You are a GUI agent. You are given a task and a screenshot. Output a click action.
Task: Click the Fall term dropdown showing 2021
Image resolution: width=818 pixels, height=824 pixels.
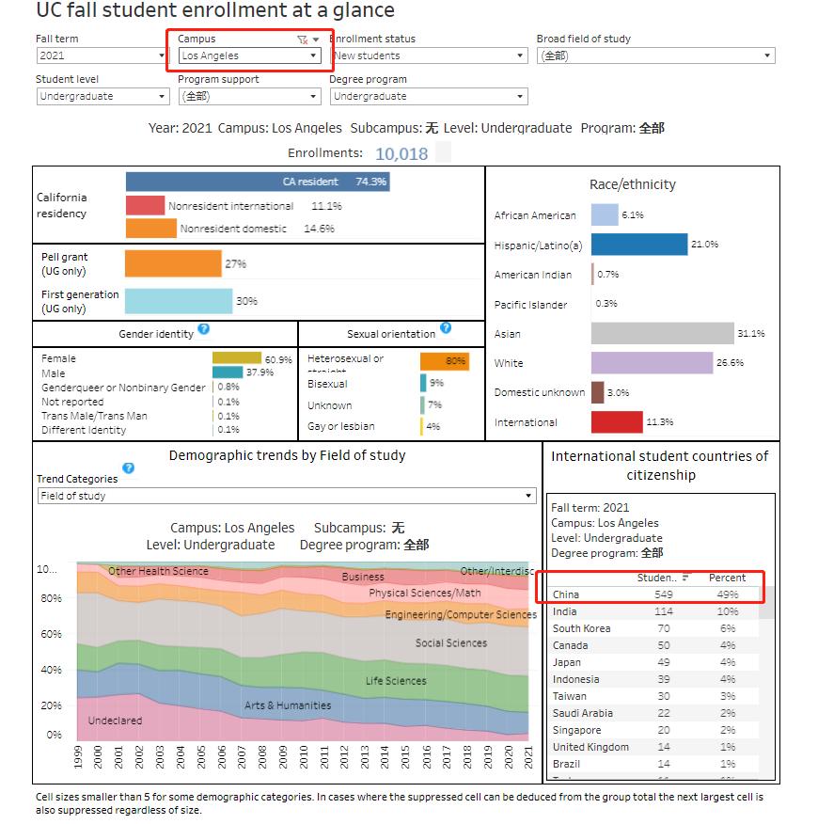[102, 56]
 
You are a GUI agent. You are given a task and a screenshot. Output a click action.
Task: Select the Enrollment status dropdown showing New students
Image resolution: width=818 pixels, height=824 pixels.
[429, 56]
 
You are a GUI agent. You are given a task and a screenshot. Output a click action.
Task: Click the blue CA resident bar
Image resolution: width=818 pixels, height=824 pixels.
[257, 182]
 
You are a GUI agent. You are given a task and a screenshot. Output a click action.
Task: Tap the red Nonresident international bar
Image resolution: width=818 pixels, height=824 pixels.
[145, 205]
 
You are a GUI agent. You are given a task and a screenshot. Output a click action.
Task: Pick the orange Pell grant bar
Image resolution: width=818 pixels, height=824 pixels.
[173, 264]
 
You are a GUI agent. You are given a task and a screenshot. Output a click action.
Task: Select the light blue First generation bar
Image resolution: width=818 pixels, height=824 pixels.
[179, 301]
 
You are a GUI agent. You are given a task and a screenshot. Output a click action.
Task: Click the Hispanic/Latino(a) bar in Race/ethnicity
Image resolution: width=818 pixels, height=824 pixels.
[639, 245]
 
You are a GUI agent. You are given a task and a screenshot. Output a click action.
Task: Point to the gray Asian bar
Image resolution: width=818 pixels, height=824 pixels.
[662, 334]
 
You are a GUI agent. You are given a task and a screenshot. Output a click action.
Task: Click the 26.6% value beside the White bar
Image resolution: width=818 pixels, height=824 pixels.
[731, 363]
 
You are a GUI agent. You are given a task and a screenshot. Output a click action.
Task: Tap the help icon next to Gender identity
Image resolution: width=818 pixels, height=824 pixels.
[204, 330]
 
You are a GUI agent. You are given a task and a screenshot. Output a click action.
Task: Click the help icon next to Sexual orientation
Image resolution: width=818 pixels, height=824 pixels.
[446, 329]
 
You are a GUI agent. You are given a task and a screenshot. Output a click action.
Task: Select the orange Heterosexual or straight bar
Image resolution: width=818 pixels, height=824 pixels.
[444, 361]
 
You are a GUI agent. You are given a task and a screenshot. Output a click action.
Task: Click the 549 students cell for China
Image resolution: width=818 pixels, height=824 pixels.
[663, 594]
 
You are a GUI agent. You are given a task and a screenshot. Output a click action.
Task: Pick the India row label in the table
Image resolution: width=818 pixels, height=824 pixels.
[565, 611]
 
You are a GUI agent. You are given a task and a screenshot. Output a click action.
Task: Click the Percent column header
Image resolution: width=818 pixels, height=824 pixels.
[727, 578]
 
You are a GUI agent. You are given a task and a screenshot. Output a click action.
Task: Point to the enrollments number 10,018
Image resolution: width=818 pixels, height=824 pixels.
[401, 154]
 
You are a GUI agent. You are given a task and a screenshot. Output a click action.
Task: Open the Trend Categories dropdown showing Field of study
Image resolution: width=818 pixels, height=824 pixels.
[286, 496]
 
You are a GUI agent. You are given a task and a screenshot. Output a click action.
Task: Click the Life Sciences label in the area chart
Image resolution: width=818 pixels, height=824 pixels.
[396, 681]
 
